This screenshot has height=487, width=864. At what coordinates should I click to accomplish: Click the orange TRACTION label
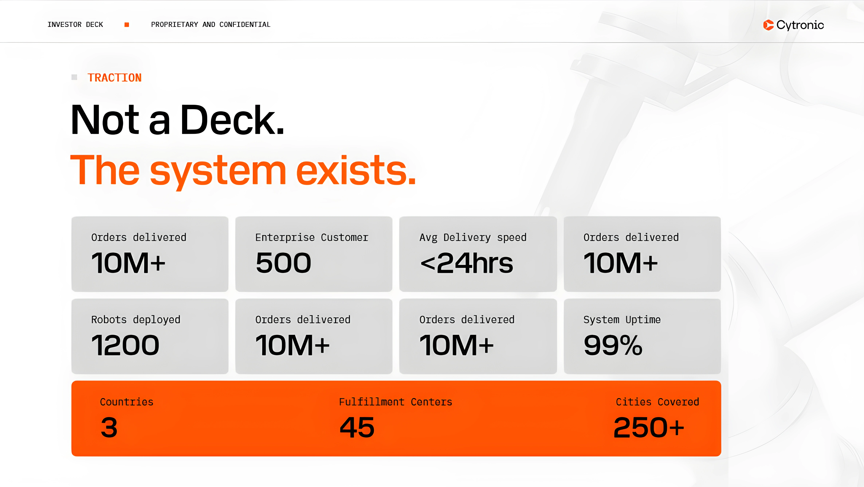[x=115, y=78]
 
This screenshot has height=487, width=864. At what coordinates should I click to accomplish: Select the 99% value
[x=613, y=345]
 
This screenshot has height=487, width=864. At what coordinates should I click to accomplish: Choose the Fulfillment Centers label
[x=395, y=402]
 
